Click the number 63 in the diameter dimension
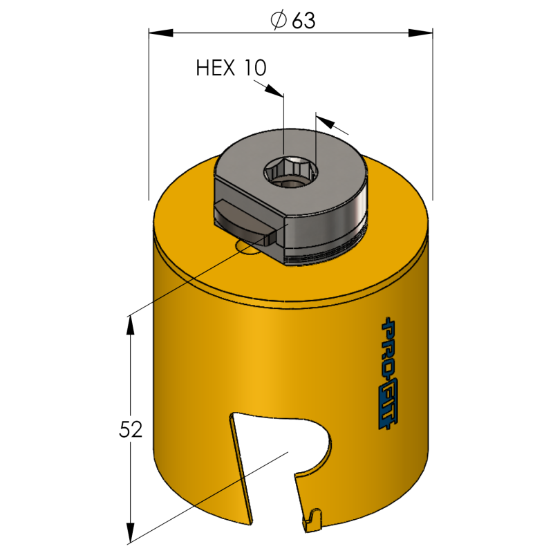coord(303,21)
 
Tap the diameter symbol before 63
coord(279,20)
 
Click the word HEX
coord(216,68)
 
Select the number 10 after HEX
coord(255,68)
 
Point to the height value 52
coord(131,429)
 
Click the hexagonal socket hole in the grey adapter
coord(291,171)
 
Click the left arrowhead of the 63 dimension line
coord(161,32)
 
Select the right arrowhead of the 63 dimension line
coord(420,32)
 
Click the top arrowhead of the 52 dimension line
coord(131,326)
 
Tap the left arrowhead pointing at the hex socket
coord(274,90)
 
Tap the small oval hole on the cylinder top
coord(246,247)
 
